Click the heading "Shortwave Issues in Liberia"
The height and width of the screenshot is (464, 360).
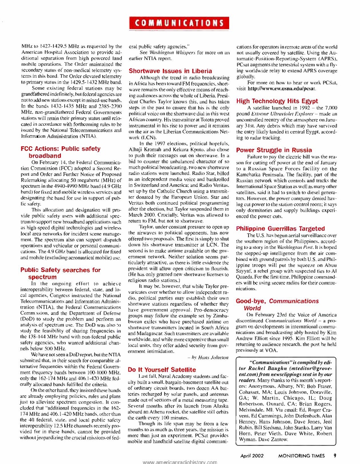coord(170,71)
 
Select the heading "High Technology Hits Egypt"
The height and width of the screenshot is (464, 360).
coord(277,101)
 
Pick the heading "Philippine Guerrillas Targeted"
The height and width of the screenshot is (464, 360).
coord(281,229)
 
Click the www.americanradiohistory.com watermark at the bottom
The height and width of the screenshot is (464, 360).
coord(180,462)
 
